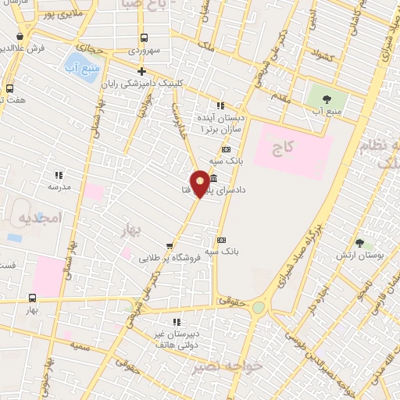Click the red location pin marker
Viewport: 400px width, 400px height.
click(201, 184)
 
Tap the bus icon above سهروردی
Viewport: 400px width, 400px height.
click(143, 37)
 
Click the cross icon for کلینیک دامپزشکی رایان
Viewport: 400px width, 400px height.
click(141, 71)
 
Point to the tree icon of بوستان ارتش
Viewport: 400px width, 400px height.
click(359, 243)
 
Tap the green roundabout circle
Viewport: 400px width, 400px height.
click(259, 307)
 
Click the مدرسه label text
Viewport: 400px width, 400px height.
click(59, 187)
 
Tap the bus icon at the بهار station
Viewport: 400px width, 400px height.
click(32, 297)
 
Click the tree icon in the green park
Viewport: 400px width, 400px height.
click(327, 99)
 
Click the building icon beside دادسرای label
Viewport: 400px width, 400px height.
click(213, 178)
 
